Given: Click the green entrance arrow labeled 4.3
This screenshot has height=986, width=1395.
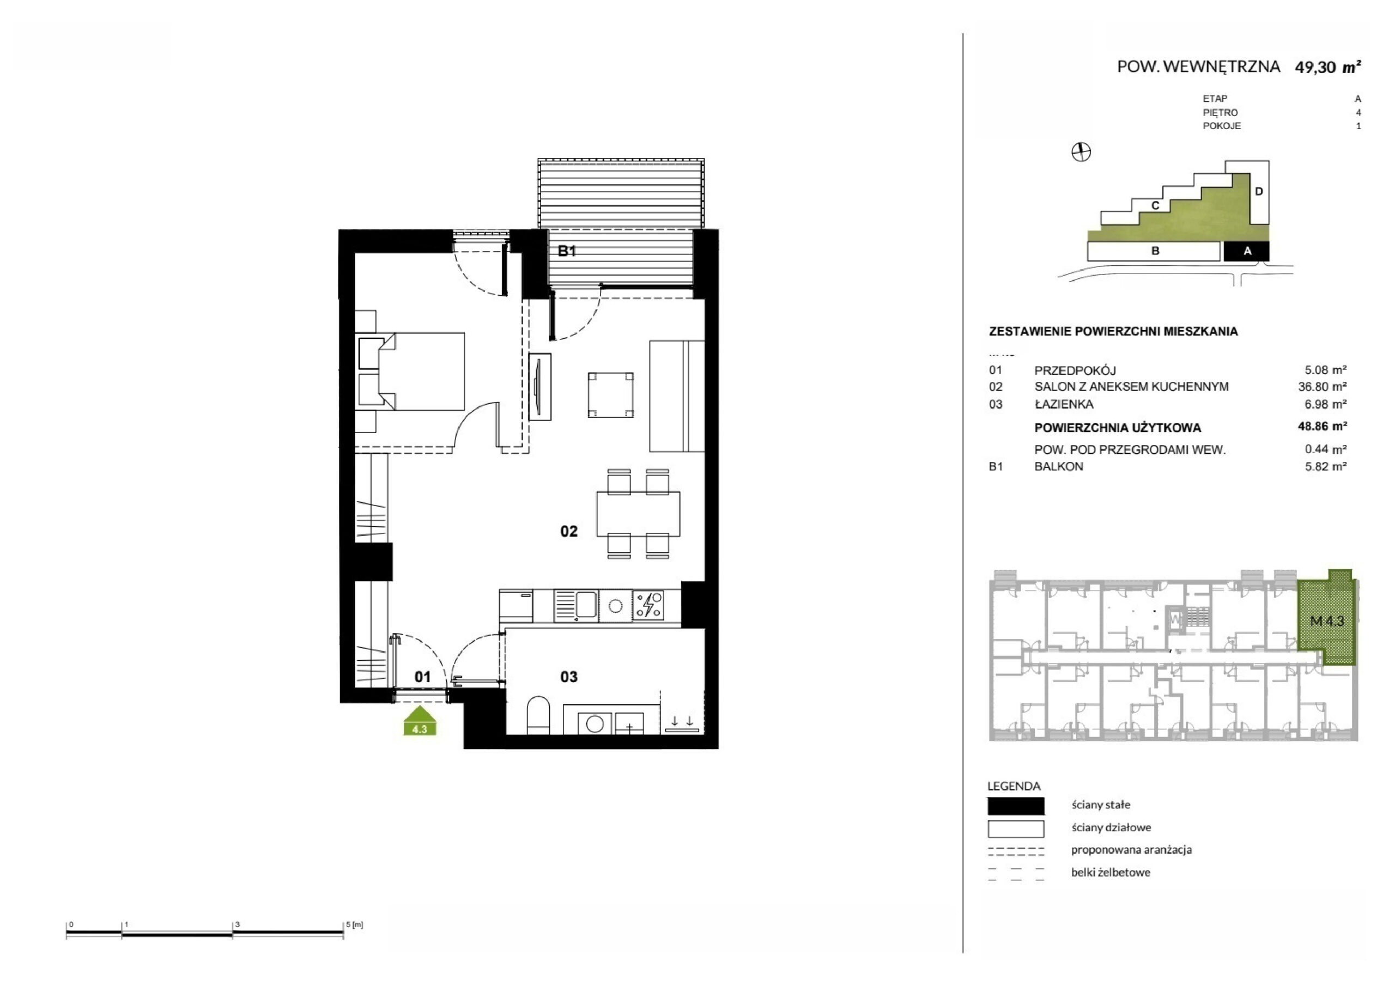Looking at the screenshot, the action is tap(420, 721).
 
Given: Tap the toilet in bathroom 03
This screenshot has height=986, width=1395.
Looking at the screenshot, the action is tap(538, 715).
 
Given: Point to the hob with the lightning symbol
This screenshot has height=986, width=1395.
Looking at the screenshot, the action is tap(648, 605).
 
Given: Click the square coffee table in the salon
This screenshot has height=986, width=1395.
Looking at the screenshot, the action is tap(611, 395).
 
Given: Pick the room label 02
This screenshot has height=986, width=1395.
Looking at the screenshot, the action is tap(569, 532).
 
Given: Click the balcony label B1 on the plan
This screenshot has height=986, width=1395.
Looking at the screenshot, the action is tap(567, 251).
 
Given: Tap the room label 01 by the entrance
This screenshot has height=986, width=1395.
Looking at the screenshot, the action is tap(422, 677).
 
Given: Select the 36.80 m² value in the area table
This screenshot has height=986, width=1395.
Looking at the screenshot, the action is tap(1322, 386).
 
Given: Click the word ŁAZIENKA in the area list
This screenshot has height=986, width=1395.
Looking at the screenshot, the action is tap(1064, 404).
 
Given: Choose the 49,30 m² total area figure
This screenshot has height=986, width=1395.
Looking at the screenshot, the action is tap(1327, 67).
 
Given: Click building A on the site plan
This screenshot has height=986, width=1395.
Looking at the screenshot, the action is tap(1246, 251).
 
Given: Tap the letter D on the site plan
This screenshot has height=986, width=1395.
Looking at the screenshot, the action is tap(1259, 191).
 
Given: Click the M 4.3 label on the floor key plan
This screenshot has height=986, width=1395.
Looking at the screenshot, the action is tap(1327, 621).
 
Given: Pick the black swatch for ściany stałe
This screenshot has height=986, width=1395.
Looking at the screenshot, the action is tap(1016, 806).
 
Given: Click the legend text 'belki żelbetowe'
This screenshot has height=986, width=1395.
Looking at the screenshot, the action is tap(1111, 872).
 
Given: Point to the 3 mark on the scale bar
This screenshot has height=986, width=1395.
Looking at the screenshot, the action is tap(238, 924).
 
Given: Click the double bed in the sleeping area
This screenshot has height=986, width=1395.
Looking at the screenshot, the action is tap(411, 371).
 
